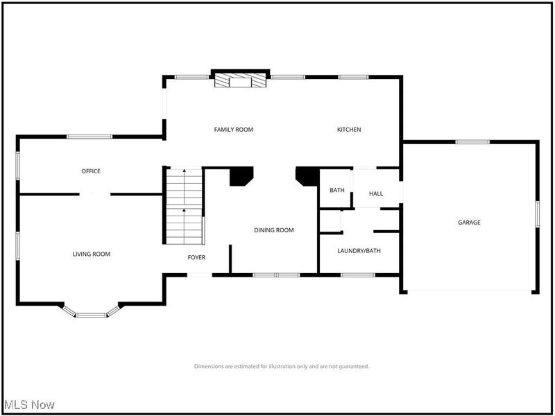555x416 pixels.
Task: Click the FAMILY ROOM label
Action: click(x=233, y=130)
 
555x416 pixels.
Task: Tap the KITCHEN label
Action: click(x=349, y=130)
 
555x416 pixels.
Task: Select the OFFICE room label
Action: click(x=91, y=171)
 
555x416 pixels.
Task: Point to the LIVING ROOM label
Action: click(x=92, y=254)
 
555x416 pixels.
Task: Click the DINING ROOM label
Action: click(x=274, y=230)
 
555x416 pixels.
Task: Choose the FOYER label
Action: click(x=196, y=258)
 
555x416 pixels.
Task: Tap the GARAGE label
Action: click(x=469, y=223)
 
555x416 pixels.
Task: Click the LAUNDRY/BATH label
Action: click(x=359, y=251)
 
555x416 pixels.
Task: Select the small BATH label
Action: click(x=336, y=190)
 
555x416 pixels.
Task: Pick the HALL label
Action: click(x=375, y=194)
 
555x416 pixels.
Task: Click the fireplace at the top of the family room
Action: click(x=240, y=80)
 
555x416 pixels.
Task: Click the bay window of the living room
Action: click(x=91, y=313)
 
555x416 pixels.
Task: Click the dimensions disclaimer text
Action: click(x=281, y=366)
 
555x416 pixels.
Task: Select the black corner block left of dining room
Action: click(x=241, y=176)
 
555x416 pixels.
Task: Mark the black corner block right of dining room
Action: click(x=306, y=176)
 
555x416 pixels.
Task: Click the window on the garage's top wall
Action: click(x=472, y=142)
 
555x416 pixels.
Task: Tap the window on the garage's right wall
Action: click(x=537, y=213)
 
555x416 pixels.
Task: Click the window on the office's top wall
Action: click(x=89, y=137)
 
